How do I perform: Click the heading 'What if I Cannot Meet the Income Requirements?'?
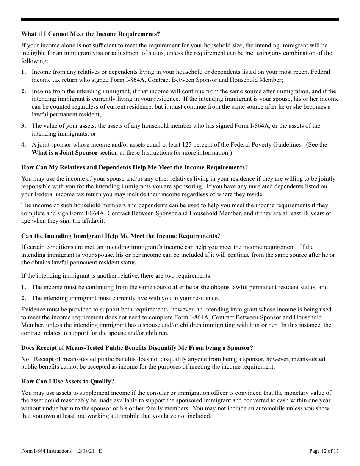(x=91, y=34)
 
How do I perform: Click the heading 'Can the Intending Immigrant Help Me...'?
(x=121, y=236)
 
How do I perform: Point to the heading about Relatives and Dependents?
(x=135, y=167)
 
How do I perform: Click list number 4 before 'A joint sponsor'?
(x=23, y=145)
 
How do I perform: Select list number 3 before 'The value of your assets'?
(x=23, y=126)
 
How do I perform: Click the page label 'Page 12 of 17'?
(x=324, y=451)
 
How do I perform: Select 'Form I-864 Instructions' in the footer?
(x=46, y=451)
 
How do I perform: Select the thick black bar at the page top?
(x=180, y=20)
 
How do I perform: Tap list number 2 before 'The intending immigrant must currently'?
(x=23, y=299)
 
